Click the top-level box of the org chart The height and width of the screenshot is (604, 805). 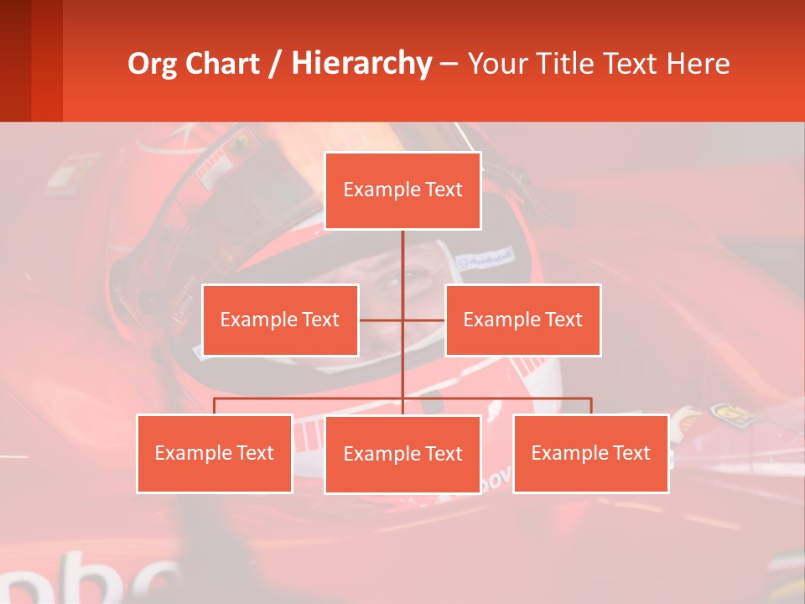[402, 190]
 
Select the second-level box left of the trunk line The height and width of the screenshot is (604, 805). [280, 320]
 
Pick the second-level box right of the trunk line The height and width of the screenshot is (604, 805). [522, 320]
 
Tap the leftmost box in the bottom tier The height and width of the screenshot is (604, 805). [214, 453]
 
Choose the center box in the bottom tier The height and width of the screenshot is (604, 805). [402, 454]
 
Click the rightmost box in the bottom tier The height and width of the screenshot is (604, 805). [590, 453]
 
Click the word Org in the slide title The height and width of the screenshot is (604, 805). [151, 64]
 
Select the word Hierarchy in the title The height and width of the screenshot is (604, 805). [361, 64]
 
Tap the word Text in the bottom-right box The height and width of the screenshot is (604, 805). [631, 453]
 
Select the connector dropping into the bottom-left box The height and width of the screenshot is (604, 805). [214, 406]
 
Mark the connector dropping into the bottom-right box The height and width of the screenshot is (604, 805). [591, 406]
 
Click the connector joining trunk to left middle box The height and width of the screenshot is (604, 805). [381, 320]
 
